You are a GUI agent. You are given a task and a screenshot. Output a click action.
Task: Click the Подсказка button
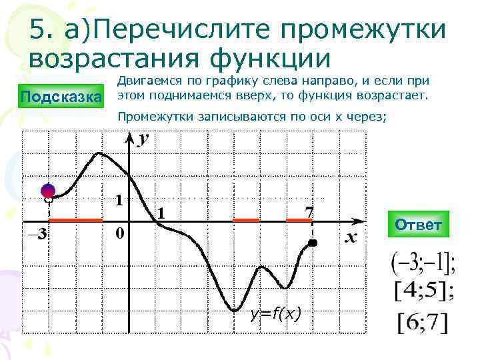(x=61, y=98)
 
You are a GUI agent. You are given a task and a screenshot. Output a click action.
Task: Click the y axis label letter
(x=143, y=139)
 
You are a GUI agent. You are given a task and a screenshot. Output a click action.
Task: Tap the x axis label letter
(x=351, y=237)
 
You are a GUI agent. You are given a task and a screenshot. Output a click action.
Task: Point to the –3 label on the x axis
(x=36, y=234)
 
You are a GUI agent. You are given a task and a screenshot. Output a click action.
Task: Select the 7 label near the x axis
(x=309, y=211)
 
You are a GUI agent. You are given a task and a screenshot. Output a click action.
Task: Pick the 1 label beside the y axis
(x=118, y=200)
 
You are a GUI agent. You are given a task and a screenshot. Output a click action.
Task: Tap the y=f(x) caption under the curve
(x=275, y=313)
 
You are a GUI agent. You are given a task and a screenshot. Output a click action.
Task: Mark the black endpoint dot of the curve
(x=313, y=245)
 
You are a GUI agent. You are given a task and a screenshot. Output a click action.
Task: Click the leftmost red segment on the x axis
(x=75, y=219)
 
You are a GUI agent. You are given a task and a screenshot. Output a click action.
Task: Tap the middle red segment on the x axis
(x=246, y=219)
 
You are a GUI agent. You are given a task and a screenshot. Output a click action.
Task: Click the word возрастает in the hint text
(x=393, y=96)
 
